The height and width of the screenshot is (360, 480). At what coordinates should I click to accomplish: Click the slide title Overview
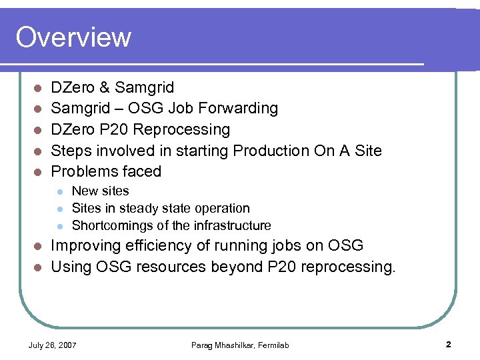[x=73, y=37]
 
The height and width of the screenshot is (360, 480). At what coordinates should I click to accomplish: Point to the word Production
[x=272, y=150]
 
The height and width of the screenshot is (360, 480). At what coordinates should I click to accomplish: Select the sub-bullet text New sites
[x=100, y=191]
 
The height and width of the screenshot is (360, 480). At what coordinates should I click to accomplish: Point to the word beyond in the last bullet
[x=271, y=267]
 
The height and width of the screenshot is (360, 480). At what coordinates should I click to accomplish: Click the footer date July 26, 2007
[x=52, y=345]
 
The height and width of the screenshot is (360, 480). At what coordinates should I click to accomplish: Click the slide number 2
[x=449, y=344]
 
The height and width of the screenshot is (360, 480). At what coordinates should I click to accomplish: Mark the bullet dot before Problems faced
[x=39, y=172]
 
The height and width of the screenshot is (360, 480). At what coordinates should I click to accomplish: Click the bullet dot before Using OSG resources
[x=39, y=267]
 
